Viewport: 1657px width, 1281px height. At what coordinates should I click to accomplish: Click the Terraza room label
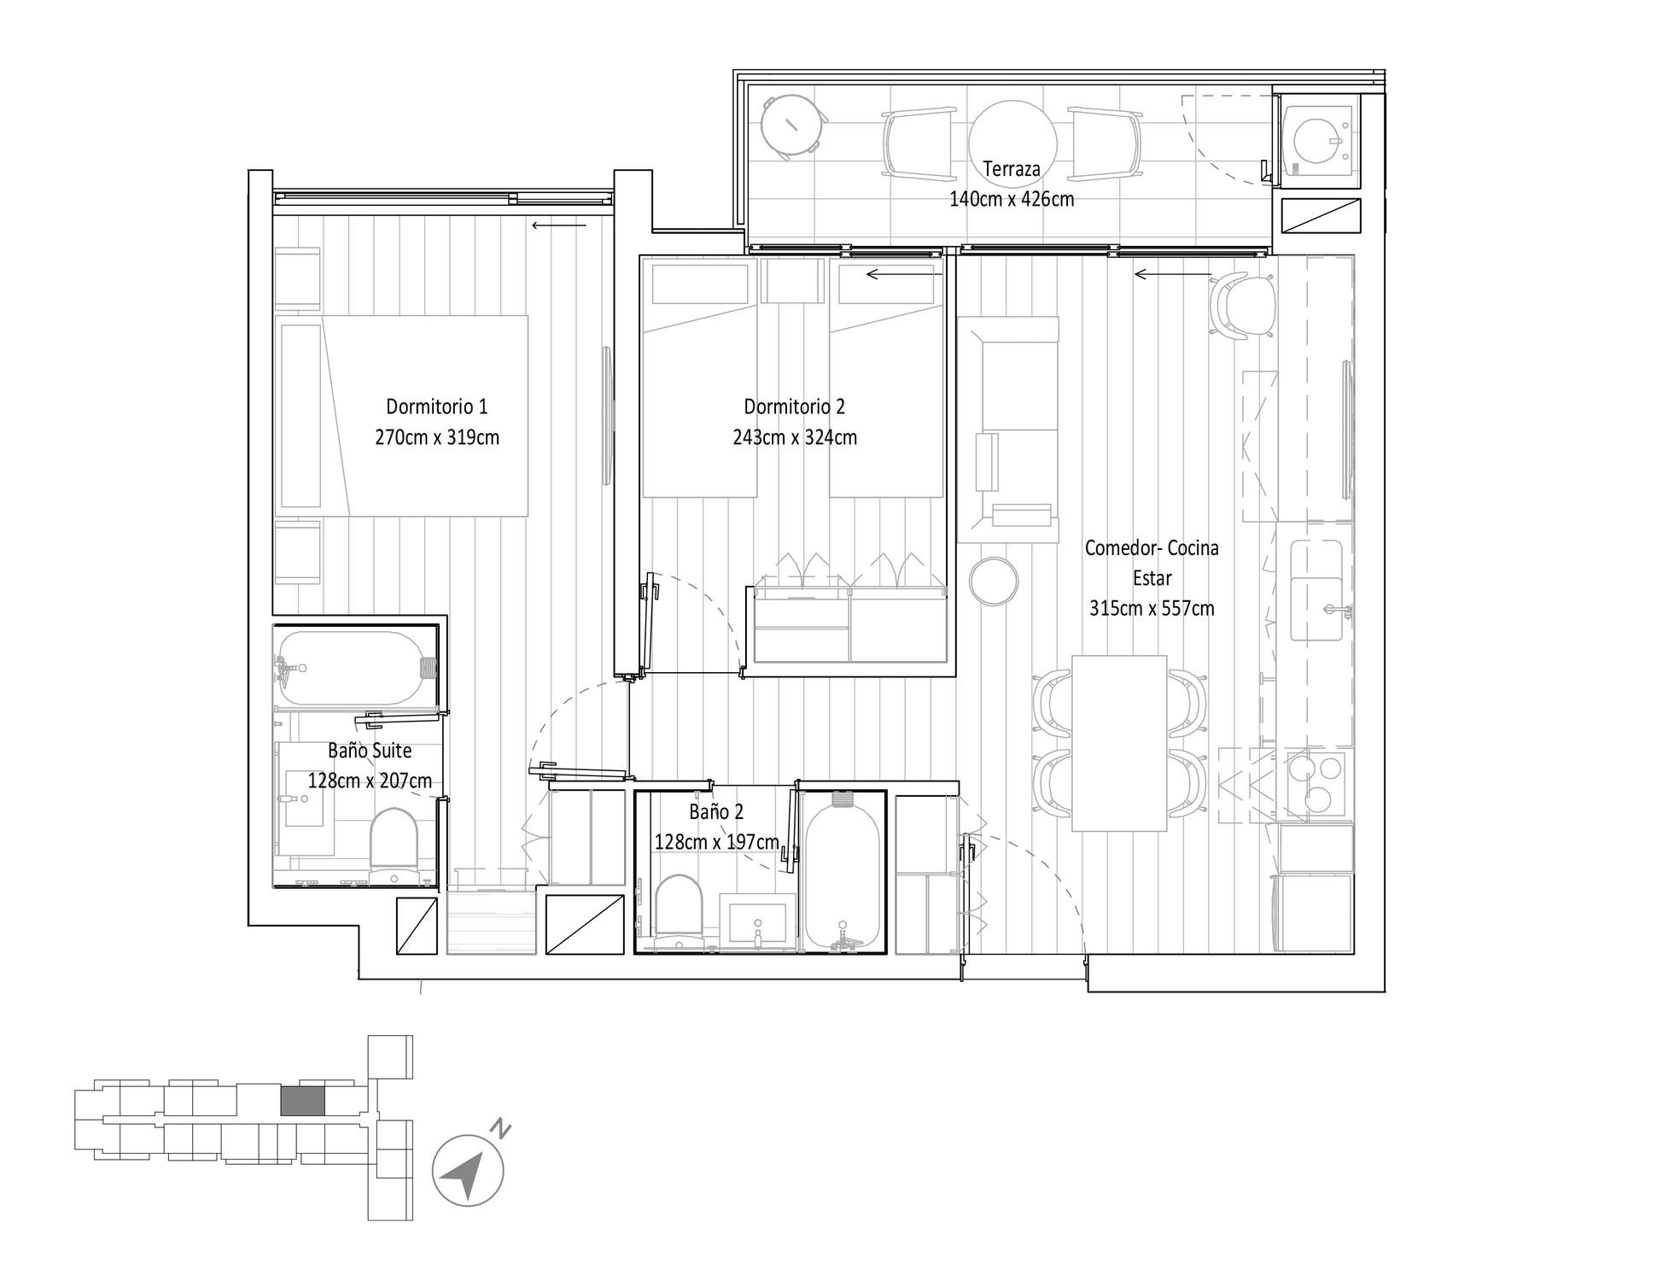(1012, 169)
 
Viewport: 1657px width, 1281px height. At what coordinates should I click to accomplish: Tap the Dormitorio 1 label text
(436, 407)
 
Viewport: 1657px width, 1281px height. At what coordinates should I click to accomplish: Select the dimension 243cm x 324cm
(795, 437)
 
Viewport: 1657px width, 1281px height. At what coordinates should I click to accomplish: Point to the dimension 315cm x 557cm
(1152, 609)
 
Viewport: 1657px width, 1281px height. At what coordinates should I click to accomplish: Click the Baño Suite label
(370, 751)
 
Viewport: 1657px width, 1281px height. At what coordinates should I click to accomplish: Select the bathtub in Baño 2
(843, 871)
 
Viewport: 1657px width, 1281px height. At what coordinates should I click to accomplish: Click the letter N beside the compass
(501, 1129)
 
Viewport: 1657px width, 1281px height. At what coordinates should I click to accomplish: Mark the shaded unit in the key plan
(303, 1100)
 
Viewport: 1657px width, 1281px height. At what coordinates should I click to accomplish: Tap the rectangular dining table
(1119, 743)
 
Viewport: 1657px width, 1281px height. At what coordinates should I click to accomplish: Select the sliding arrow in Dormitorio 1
(559, 225)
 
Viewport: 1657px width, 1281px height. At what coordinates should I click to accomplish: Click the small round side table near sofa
(995, 582)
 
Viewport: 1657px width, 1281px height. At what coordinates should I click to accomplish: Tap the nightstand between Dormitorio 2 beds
(793, 280)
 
